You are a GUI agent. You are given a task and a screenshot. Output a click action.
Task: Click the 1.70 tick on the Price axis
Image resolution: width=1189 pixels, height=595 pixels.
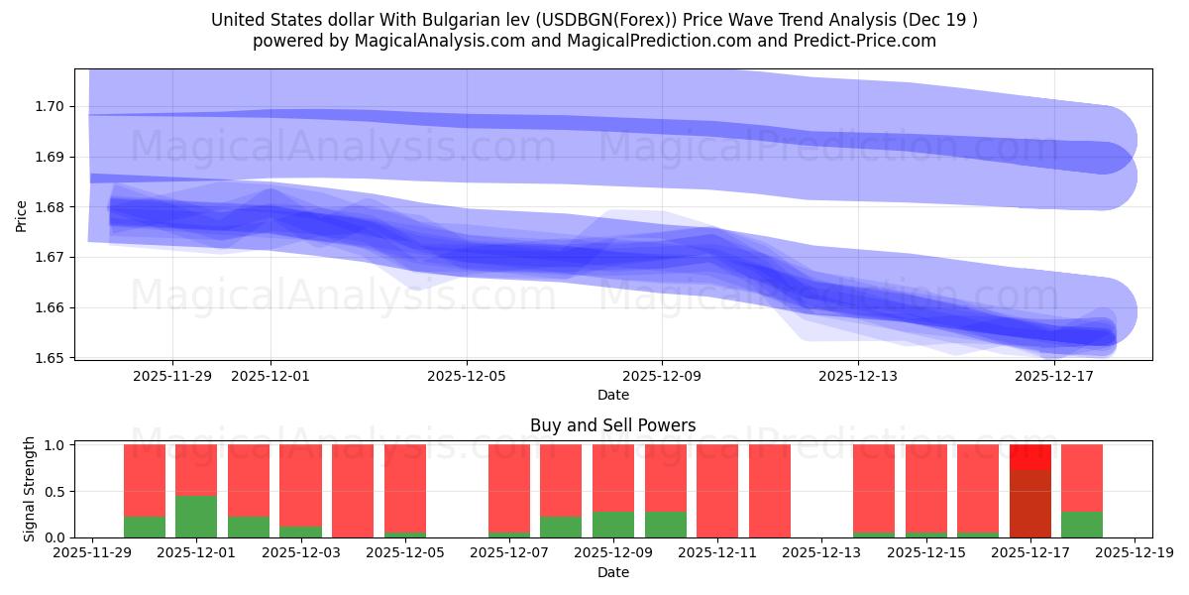(52, 107)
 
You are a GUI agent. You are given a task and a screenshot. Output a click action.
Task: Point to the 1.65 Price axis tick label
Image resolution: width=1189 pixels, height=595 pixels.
(52, 358)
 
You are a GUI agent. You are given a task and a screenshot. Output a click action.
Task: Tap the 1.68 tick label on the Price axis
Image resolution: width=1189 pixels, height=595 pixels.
(52, 207)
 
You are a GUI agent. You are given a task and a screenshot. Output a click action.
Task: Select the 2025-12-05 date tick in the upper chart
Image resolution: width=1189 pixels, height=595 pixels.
(467, 377)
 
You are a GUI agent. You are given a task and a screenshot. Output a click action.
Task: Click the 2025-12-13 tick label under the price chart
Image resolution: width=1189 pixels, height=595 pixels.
(858, 377)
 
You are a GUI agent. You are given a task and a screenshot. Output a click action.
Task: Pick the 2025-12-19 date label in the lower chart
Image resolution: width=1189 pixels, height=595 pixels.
(1134, 553)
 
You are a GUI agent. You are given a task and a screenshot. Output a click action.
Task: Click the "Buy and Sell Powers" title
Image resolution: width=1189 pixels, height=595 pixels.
(612, 425)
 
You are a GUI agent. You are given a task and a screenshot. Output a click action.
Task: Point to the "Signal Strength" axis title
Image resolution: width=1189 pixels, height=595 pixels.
(30, 490)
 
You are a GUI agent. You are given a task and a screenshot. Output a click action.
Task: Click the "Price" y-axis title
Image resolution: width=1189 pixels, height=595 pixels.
(22, 214)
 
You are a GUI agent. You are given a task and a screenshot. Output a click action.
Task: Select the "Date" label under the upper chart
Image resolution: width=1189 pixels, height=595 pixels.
(612, 395)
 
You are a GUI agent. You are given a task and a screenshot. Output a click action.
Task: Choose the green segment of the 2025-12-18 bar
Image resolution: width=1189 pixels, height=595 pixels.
(1082, 525)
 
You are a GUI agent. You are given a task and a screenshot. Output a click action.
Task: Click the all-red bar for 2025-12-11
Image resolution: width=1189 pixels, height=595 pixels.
(717, 491)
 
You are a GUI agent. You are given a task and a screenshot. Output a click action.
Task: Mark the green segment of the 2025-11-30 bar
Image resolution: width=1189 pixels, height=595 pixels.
(145, 528)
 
